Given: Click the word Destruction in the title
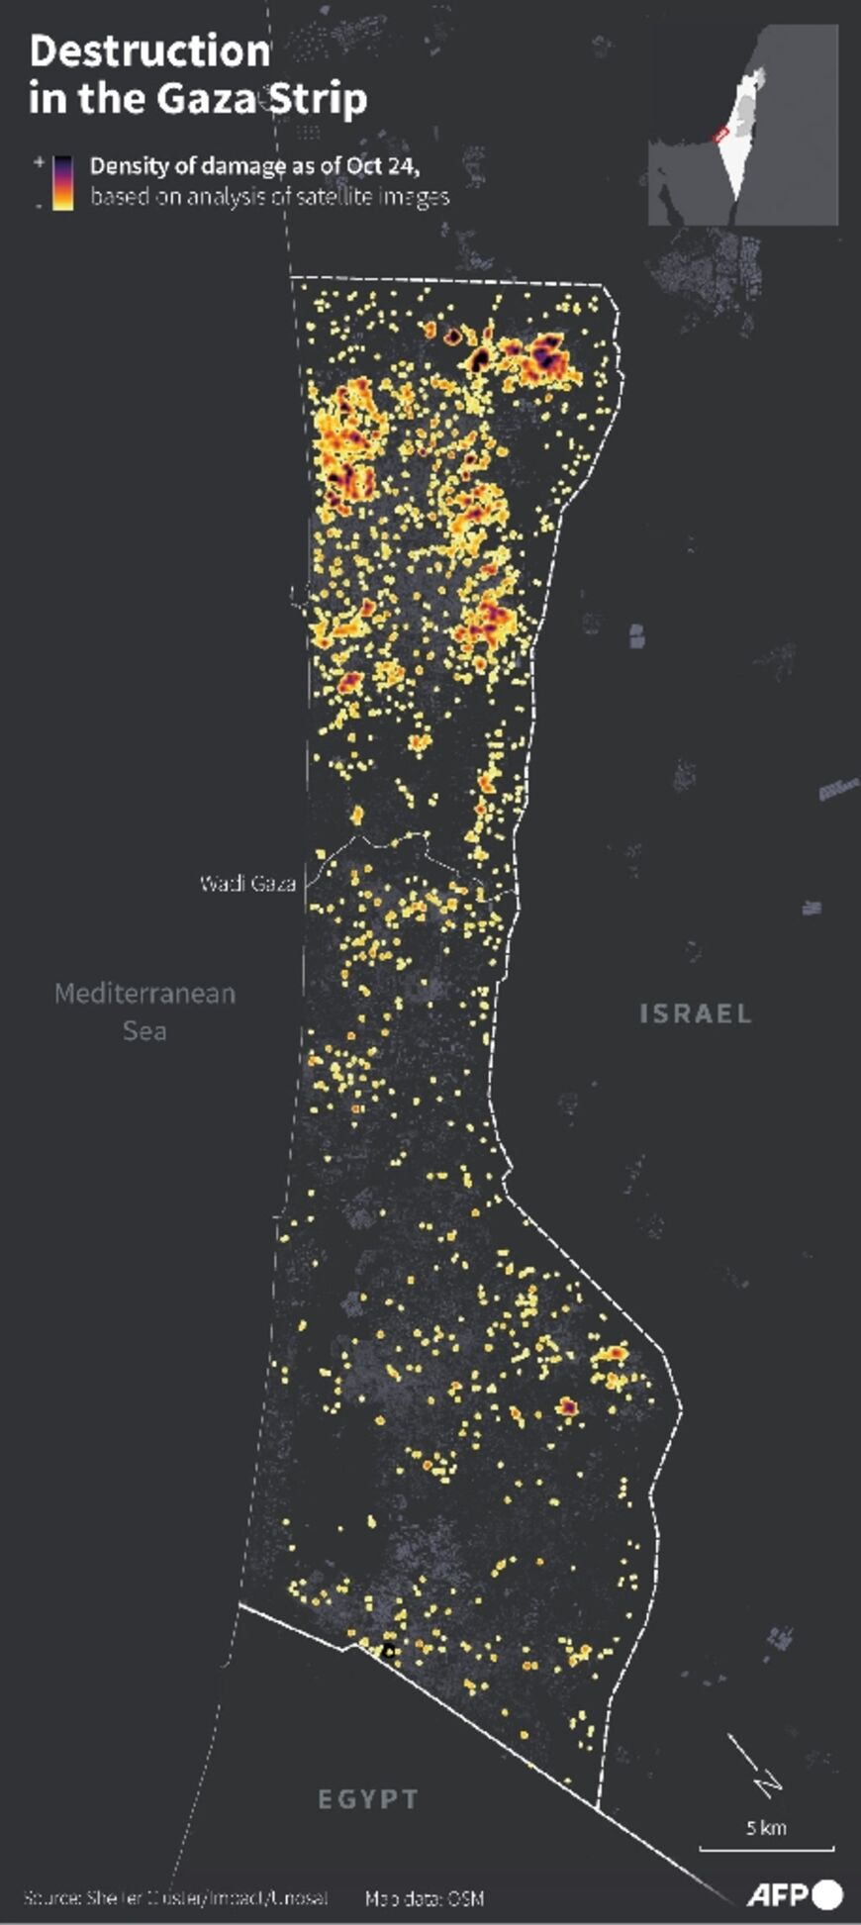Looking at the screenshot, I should coord(149,51).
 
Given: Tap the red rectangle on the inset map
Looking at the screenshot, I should coord(721,133).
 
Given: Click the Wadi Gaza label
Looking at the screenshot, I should coord(247,883).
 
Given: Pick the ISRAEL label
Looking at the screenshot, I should coord(696,1013).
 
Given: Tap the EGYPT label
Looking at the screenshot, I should coord(368,1798).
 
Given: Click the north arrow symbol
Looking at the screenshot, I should coord(756,1766).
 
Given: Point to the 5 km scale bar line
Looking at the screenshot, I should coord(766,1848).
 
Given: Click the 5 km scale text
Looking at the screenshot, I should coord(766,1827).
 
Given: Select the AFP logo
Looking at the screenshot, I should coord(794,1894).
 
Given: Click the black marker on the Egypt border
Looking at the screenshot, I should coord(388,1651).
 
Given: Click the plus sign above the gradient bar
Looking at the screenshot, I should coord(40,160).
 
